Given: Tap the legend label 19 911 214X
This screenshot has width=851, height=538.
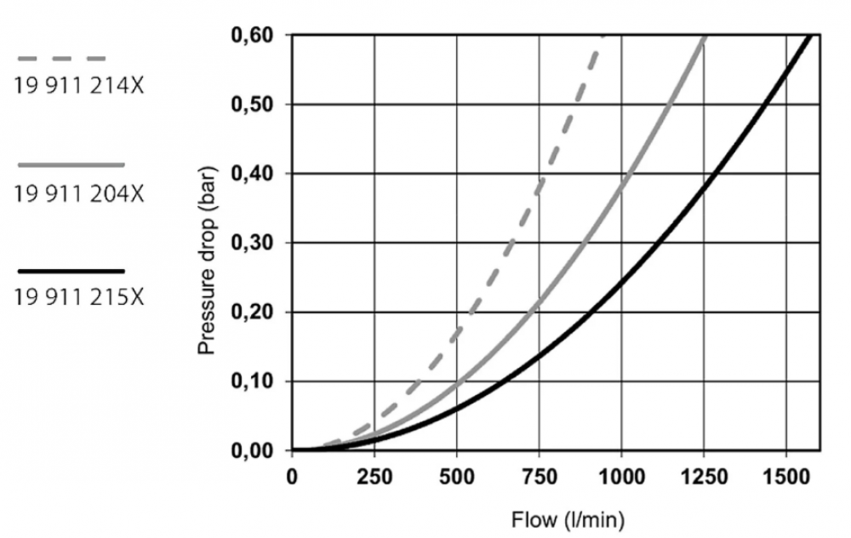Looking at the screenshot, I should [x=77, y=86].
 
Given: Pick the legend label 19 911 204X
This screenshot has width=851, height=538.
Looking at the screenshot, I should [x=79, y=192].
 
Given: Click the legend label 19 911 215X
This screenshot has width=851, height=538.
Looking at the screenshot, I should [x=79, y=299].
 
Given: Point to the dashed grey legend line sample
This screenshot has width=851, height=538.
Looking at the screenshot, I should [x=62, y=59].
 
